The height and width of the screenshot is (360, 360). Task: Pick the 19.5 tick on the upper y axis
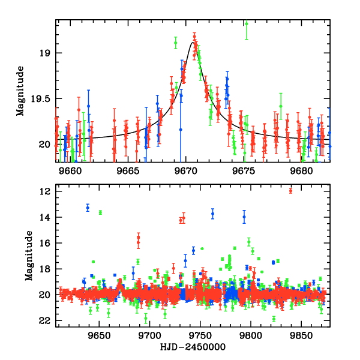coord(42,98)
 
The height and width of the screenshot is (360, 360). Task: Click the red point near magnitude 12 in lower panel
coord(290,191)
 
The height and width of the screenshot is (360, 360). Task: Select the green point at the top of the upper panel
coord(246,23)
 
